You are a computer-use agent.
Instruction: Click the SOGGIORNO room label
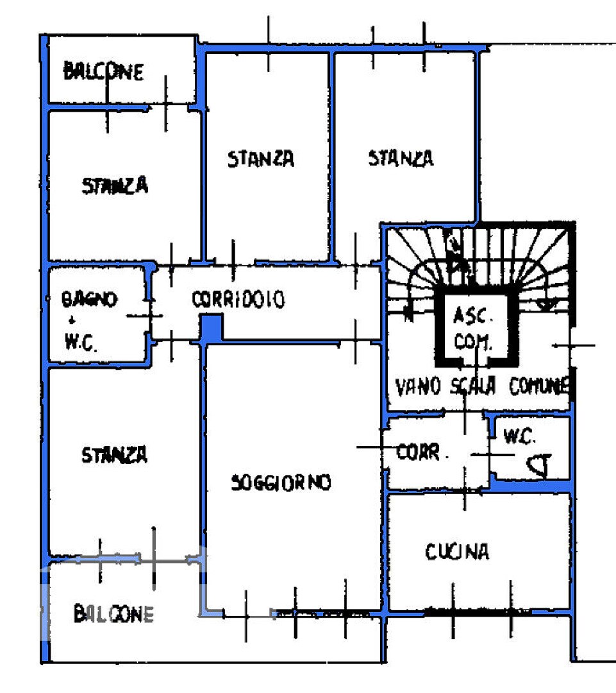pyautogui.click(x=281, y=483)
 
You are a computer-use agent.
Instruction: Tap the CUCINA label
pyautogui.click(x=457, y=552)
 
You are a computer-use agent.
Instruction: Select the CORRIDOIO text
pyautogui.click(x=238, y=299)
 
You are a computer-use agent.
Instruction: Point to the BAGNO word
pyautogui.click(x=89, y=299)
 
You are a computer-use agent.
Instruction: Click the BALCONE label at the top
pyautogui.click(x=104, y=71)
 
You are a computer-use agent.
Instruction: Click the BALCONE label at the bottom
pyautogui.click(x=113, y=614)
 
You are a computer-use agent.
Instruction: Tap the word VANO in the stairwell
pyautogui.click(x=418, y=387)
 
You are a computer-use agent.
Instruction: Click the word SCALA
pyautogui.click(x=473, y=386)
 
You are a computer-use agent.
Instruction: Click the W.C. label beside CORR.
pyautogui.click(x=519, y=436)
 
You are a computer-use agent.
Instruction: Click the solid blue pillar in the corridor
pyautogui.click(x=212, y=328)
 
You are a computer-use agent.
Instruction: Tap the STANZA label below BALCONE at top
pyautogui.click(x=115, y=185)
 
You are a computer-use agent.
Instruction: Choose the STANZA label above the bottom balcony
pyautogui.click(x=114, y=455)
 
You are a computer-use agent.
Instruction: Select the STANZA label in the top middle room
pyautogui.click(x=261, y=158)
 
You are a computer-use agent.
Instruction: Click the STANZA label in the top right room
pyautogui.click(x=401, y=158)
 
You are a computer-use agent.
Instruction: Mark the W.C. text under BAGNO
pyautogui.click(x=80, y=341)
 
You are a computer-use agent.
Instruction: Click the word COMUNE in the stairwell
pyautogui.click(x=539, y=386)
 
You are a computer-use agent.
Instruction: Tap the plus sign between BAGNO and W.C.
pyautogui.click(x=72, y=320)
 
